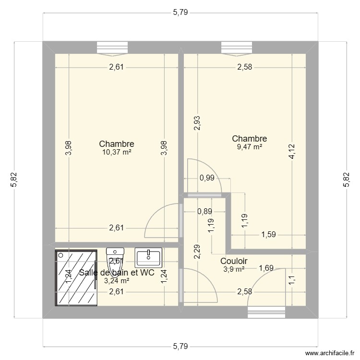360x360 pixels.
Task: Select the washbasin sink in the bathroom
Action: (149, 257)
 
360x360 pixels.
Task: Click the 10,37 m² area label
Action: (116, 152)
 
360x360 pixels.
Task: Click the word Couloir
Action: (234, 261)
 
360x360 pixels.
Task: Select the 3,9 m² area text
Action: (234, 269)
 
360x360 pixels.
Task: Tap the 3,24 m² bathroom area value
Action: (116, 281)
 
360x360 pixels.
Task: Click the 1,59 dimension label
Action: (268, 235)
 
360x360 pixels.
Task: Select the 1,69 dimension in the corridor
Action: (267, 268)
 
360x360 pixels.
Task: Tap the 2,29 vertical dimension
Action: (197, 252)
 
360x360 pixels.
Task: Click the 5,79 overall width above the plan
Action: (180, 13)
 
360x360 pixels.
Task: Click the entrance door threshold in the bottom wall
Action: (266, 312)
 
